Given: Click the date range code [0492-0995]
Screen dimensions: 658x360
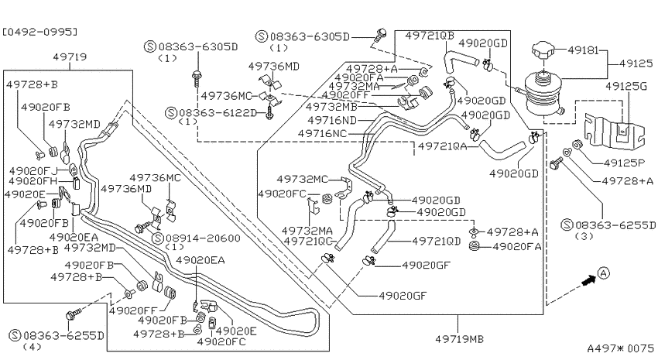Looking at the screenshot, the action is (39, 32).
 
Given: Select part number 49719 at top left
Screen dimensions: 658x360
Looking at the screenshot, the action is (70, 57).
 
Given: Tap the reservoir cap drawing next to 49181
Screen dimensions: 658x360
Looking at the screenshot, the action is (544, 52).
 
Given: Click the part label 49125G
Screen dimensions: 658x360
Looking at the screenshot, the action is (625, 87).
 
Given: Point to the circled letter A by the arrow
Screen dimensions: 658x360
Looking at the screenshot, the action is (603, 273).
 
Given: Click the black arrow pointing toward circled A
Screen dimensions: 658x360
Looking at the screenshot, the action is (589, 281).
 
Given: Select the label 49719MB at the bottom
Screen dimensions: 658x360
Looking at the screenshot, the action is (459, 338).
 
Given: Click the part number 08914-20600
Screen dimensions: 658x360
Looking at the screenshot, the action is (203, 238).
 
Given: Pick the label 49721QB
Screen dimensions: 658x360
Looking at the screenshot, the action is (430, 36).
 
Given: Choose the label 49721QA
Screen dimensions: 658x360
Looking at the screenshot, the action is (442, 146).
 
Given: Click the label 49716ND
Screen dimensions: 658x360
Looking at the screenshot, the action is (332, 121).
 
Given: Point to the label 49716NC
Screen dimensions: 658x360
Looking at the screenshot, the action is (322, 133).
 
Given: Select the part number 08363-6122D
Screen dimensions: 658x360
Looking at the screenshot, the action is (218, 113).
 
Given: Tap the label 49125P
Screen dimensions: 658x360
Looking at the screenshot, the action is (623, 163).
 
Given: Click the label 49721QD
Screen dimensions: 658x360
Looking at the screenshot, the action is (437, 242).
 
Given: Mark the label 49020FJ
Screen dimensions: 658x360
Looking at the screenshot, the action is (33, 171).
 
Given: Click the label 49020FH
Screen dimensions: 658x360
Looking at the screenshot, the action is (33, 182).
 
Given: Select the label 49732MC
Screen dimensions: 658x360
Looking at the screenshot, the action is (302, 180).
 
